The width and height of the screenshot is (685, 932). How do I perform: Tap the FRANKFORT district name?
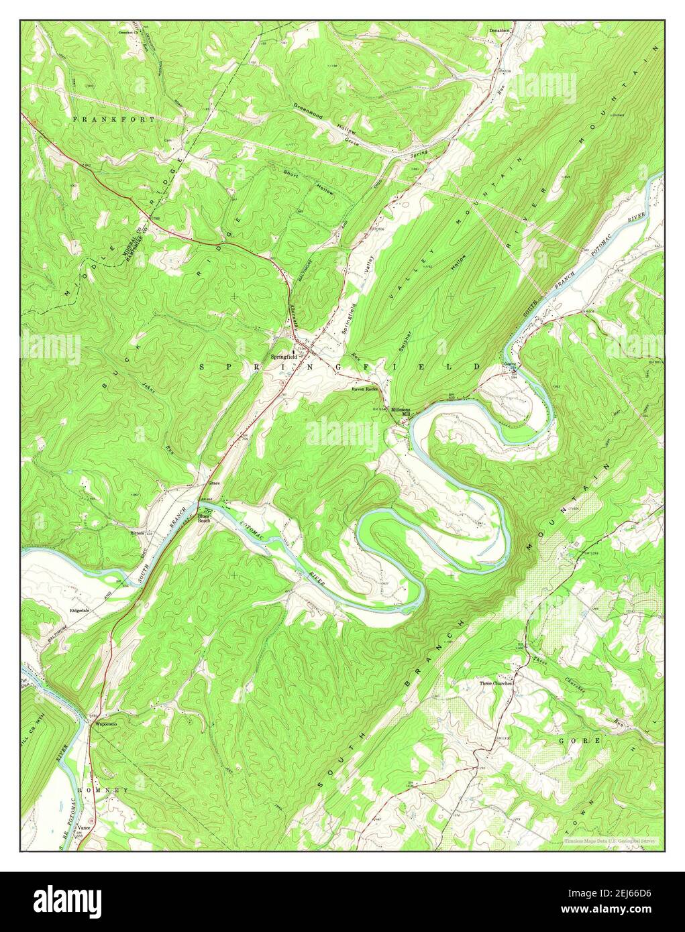[114, 119]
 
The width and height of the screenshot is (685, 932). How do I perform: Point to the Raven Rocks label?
[365, 389]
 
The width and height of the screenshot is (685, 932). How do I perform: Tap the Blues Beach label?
[204, 518]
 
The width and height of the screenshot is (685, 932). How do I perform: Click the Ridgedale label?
[80, 610]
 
